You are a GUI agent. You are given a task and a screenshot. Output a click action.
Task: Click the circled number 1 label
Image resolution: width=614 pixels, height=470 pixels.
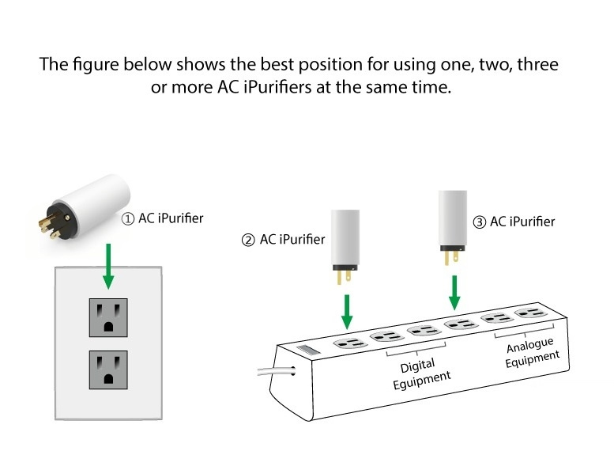tap(127, 218)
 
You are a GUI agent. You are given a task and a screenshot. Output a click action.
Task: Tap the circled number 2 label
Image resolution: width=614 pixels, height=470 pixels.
tap(248, 240)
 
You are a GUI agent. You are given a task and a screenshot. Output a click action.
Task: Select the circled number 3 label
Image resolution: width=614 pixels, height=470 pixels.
tap(479, 222)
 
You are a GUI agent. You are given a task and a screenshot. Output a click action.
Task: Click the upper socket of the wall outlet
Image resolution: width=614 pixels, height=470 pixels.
tap(108, 317)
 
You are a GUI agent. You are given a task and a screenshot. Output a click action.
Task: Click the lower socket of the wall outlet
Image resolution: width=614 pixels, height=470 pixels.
tap(108, 368)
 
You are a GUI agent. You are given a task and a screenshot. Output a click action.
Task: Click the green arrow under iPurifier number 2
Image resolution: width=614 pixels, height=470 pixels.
tap(346, 309)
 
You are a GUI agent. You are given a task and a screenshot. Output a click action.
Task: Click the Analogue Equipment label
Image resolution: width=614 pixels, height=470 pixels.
tap(531, 351)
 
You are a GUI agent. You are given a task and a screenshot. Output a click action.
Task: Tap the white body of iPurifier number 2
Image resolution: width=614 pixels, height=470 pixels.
tap(345, 235)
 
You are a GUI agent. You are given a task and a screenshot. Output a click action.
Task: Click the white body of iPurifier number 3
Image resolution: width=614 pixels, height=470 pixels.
tap(453, 217)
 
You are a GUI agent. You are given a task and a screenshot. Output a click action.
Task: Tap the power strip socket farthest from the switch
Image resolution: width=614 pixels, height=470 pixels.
tap(530, 314)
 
